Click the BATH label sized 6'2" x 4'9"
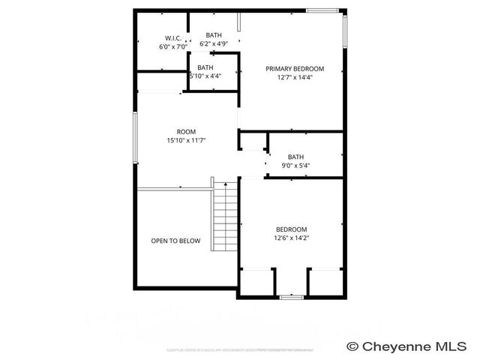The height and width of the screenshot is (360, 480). (x=214, y=35)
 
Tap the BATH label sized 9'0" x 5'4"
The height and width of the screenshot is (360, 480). (x=295, y=157)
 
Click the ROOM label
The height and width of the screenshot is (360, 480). (x=186, y=131)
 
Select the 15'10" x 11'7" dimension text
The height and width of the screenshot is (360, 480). (x=186, y=140)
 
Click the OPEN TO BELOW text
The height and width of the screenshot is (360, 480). (x=176, y=241)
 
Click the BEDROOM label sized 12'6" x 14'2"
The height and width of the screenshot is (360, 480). (x=291, y=229)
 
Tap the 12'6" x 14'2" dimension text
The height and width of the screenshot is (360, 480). (x=291, y=238)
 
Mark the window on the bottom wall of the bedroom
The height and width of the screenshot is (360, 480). (x=290, y=298)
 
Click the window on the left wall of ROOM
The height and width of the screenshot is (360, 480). (x=135, y=136)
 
